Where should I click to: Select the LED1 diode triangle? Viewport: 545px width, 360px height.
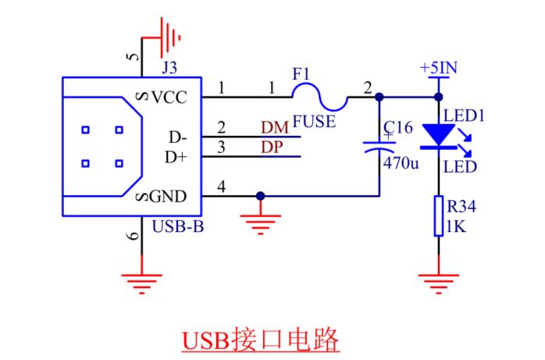(438, 134)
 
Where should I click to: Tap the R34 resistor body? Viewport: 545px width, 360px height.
(438, 215)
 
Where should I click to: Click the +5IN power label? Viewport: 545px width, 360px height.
(437, 68)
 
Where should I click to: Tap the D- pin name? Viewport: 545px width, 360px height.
(177, 137)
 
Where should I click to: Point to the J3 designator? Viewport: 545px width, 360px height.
(169, 67)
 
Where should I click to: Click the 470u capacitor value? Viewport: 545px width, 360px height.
(401, 166)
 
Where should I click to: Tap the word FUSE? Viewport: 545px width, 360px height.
(314, 122)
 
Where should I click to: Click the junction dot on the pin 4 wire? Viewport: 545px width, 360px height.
(260, 195)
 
